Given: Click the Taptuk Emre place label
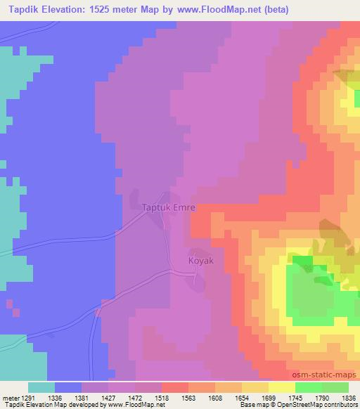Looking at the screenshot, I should point(169,208).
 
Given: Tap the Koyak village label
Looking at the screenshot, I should point(200,260).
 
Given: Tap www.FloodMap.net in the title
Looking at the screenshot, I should point(212,10).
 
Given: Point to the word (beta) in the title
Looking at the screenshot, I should point(274,10).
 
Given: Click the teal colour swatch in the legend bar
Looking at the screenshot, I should point(41,387).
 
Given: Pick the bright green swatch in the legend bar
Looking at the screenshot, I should point(308,387).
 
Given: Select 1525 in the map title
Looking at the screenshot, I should point(111,10).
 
